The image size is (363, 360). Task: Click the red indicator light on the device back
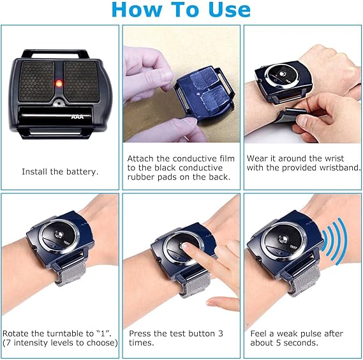59,83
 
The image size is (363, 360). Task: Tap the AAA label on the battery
78,117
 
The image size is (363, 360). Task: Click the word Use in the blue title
230,10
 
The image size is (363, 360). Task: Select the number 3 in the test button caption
221,333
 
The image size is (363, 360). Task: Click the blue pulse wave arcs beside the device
334,242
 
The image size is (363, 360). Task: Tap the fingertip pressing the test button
185,246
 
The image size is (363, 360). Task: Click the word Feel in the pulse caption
258,333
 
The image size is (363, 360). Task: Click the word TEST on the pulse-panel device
293,247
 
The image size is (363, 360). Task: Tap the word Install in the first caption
34,172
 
